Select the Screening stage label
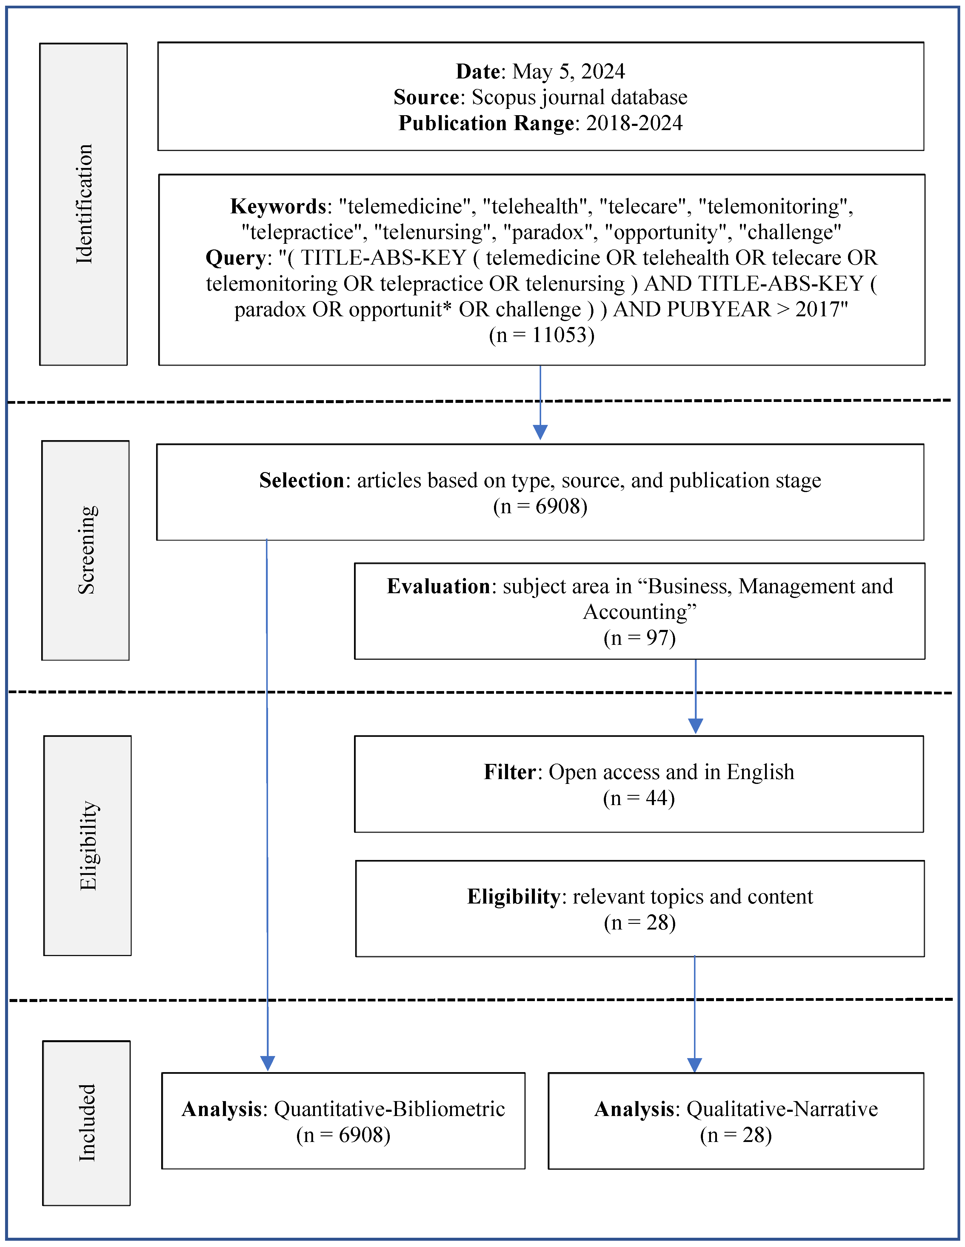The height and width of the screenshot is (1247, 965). tap(87, 550)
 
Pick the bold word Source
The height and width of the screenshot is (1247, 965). tap(426, 98)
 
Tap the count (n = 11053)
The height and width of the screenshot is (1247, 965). tap(541, 335)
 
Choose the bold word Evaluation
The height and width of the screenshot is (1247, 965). tap(438, 586)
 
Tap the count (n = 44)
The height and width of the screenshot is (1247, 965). tap(639, 798)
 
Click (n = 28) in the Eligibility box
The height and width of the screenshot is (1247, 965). tap(640, 923)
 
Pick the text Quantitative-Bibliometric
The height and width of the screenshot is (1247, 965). tap(390, 1109)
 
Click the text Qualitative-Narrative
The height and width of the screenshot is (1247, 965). tap(782, 1109)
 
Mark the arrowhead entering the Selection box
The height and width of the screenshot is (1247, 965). tap(540, 432)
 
